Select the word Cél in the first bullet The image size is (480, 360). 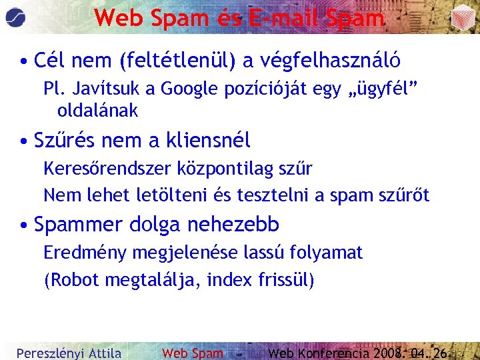[x=49, y=61]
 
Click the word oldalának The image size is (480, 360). [x=97, y=111]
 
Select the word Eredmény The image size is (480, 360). [x=86, y=253]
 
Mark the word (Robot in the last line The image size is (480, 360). [x=67, y=280]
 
